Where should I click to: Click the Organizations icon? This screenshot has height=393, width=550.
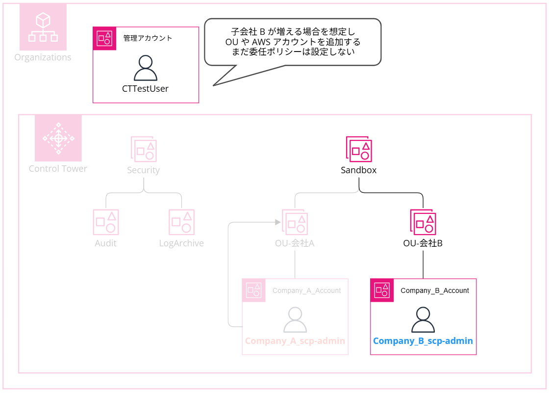(43, 27)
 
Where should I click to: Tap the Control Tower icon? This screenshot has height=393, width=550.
(58, 138)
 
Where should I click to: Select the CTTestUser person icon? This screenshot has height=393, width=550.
(145, 68)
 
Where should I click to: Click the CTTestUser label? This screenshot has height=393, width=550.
(145, 89)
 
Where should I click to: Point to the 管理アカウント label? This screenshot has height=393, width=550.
(148, 38)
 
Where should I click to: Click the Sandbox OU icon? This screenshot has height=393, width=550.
(359, 149)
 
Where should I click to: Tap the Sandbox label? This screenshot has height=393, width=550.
(359, 170)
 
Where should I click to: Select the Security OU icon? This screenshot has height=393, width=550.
(144, 149)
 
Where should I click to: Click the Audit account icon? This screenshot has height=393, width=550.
(106, 222)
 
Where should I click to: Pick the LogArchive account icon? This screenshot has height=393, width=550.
(181, 222)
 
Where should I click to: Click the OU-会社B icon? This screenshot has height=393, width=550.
(423, 222)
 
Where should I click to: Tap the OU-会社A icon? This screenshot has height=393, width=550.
(295, 222)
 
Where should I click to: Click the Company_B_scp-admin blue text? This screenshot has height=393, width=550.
(423, 341)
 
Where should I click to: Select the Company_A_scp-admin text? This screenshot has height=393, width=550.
(295, 341)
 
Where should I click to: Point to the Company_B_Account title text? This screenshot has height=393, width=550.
(435, 290)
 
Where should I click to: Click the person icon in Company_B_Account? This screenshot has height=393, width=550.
(423, 320)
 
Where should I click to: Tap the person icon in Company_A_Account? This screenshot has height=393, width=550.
(295, 320)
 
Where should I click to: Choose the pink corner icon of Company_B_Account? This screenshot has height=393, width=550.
(382, 290)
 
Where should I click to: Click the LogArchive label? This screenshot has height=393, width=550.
(181, 243)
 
